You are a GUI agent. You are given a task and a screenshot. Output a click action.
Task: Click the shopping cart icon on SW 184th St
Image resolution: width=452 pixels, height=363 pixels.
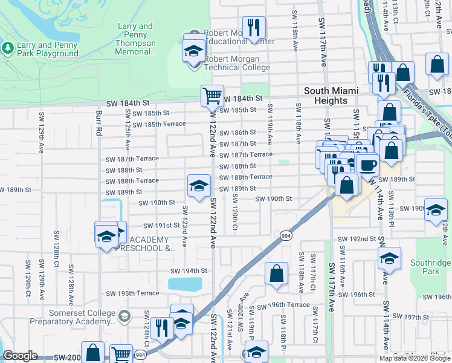pos(212,95)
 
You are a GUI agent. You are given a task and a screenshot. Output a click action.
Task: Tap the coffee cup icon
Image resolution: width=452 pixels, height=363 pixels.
pos(367,164)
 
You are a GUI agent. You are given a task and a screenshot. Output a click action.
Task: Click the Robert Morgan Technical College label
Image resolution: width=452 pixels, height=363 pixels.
pos(232,63)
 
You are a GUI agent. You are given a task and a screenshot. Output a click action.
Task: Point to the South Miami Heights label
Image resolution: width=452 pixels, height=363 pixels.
pos(331,96)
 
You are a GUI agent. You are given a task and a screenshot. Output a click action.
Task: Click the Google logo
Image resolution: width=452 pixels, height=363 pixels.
pos(20,356)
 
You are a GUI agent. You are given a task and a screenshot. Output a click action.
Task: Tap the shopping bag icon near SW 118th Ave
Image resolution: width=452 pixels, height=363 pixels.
pos(276,273)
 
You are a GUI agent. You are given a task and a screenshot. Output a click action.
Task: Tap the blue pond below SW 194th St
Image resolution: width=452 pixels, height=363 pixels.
pos(185,284)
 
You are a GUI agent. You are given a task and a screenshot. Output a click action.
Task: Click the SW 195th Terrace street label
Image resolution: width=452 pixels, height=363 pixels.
pos(132,293)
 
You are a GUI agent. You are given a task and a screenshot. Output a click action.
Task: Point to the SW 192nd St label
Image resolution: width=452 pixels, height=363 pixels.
pos(357,239)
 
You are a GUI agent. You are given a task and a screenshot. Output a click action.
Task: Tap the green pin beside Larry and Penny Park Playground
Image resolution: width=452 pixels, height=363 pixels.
pos(8,47)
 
